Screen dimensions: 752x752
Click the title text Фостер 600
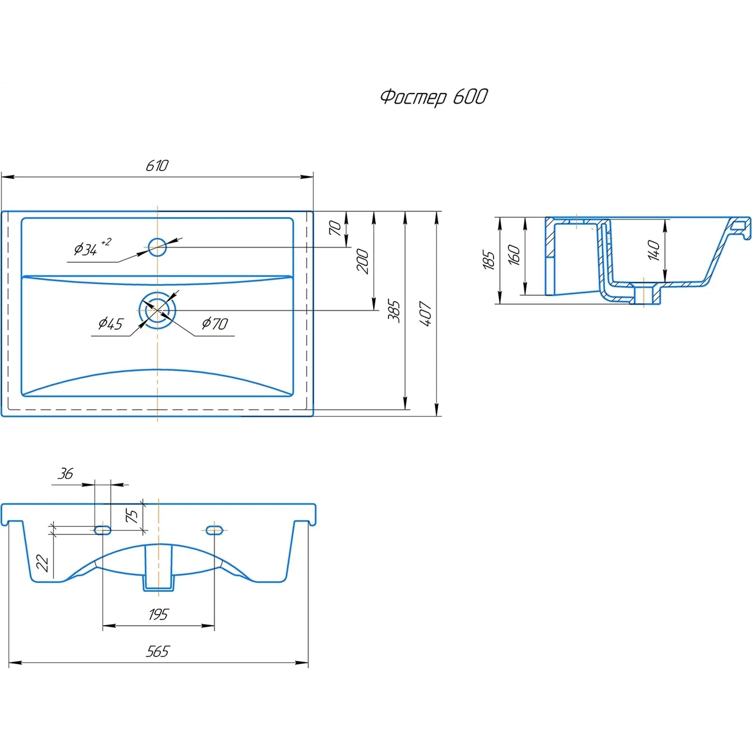(434, 97)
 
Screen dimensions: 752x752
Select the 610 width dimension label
(157, 166)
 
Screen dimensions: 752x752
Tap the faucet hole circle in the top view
(157, 247)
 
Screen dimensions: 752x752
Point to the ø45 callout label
(111, 324)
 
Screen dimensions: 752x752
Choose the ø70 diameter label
(215, 323)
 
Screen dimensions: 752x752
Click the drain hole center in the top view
(157, 310)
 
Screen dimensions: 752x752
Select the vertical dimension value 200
(362, 262)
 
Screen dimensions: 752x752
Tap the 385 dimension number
(394, 311)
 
